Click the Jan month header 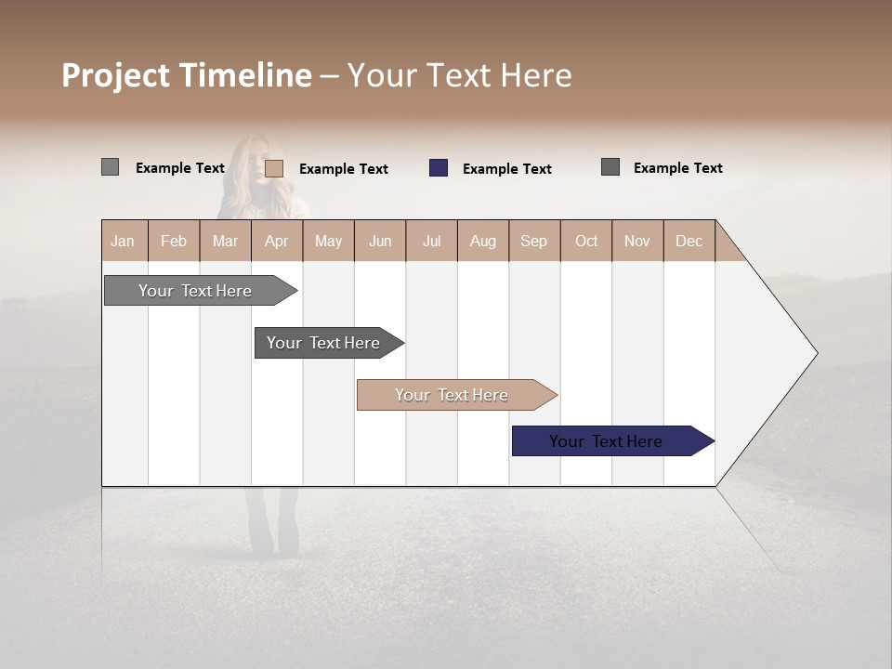[x=124, y=241]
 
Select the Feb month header [x=174, y=241]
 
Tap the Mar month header [x=225, y=241]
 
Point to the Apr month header [x=277, y=241]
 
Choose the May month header [x=328, y=241]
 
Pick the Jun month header [x=380, y=241]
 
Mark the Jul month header [x=431, y=241]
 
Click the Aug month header [x=483, y=241]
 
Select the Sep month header [x=534, y=241]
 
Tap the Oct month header [x=586, y=241]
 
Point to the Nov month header [x=637, y=241]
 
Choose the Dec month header [x=689, y=241]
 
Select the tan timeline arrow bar [x=453, y=395]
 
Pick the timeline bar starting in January [x=196, y=291]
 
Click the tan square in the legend [x=274, y=168]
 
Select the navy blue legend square [x=439, y=168]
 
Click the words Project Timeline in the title [x=187, y=75]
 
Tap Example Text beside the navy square [x=507, y=169]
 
